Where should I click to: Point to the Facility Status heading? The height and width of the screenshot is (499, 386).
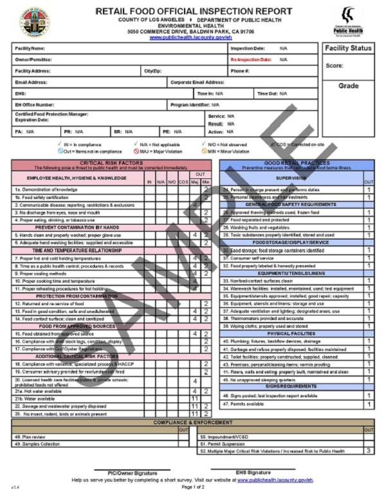tap(348, 48)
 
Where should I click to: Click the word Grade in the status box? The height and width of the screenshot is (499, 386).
tap(348, 86)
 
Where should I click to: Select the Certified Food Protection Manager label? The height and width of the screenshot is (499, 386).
tap(51, 115)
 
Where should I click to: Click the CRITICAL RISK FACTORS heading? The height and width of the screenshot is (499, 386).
tap(112, 163)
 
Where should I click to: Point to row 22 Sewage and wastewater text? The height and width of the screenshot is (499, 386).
tap(60, 407)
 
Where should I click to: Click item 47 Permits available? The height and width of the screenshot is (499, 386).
tap(243, 404)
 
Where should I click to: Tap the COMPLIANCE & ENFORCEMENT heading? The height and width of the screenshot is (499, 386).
tap(193, 422)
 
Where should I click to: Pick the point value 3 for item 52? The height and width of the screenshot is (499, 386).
tap(369, 451)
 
